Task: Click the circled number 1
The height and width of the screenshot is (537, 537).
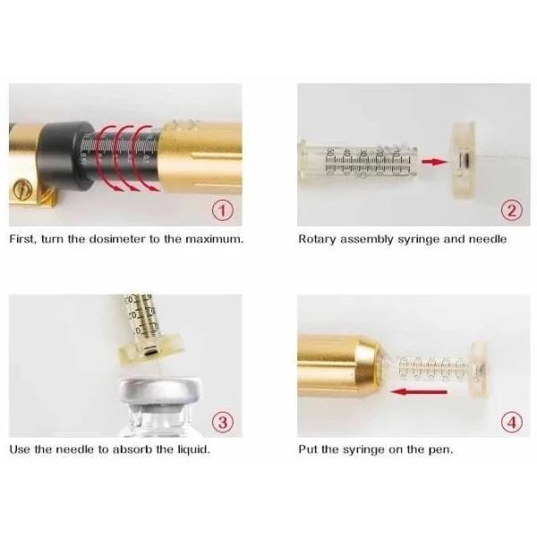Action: click(x=223, y=210)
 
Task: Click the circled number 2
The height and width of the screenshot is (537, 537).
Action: click(x=512, y=210)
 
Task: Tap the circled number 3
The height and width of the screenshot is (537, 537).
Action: click(x=223, y=422)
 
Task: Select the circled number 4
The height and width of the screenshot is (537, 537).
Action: click(x=512, y=422)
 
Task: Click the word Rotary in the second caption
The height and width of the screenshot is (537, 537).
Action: click(x=318, y=239)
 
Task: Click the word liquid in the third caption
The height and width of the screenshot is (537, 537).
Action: click(x=193, y=449)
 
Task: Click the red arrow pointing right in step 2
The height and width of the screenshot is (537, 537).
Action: click(x=435, y=161)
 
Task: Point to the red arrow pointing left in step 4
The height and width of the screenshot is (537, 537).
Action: click(x=419, y=391)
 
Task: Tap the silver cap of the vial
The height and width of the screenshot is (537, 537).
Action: click(x=160, y=394)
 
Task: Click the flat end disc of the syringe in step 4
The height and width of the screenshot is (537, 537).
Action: click(x=480, y=371)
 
